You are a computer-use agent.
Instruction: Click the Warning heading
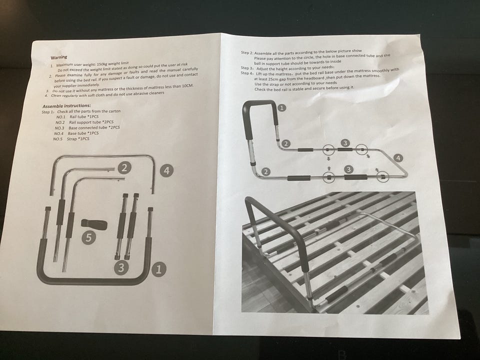[59, 57]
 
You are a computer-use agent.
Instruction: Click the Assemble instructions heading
[66, 106]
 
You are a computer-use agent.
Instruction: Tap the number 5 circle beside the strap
[89, 237]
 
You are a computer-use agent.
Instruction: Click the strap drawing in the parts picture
[94, 224]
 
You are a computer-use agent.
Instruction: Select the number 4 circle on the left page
[166, 170]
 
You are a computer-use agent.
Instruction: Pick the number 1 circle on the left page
[158, 269]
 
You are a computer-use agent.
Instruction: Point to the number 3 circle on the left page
[121, 267]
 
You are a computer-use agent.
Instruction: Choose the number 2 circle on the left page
[124, 167]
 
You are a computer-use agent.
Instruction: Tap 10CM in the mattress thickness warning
[187, 86]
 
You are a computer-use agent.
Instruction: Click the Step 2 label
[247, 52]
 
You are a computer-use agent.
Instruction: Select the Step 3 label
[247, 68]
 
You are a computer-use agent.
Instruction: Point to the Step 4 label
[247, 73]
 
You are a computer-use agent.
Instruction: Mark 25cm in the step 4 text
[272, 78]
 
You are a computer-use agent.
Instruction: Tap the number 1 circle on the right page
[282, 108]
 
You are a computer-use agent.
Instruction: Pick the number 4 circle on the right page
[398, 158]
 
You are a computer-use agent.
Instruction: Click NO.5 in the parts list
[58, 139]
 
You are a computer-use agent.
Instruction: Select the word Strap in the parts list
[72, 139]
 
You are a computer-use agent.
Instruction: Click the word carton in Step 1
[114, 111]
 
